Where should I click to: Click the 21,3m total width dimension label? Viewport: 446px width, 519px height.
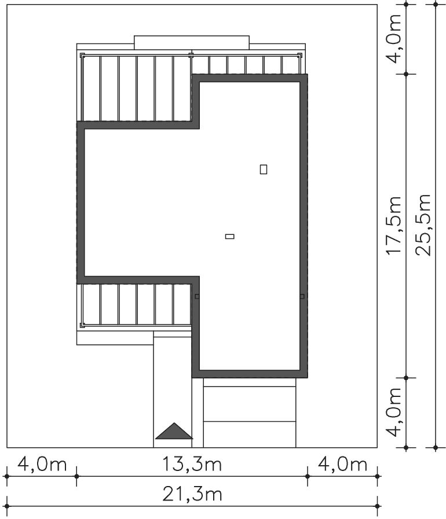pos(192,495)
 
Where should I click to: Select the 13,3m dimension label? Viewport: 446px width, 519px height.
pos(192,464)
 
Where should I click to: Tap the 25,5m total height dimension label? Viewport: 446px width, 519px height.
pos(423,224)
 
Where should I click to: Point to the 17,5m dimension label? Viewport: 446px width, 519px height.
pos(394,226)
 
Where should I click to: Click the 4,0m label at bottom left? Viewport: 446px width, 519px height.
pos(42,464)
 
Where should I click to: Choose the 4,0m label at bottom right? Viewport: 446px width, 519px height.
pos(343,464)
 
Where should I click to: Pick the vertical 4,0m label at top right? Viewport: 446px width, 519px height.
pos(394,38)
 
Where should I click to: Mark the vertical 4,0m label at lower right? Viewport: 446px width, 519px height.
pos(394,413)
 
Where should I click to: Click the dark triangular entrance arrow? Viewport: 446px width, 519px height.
pos(174,431)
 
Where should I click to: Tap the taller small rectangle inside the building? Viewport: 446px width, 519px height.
pos(264,169)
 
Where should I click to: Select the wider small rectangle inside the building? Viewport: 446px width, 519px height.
pos(229,236)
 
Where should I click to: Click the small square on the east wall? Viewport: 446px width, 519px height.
pos(302,297)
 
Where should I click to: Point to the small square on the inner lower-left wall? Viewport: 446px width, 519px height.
pos(197,297)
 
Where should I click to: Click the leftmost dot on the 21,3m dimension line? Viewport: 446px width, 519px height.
pos(7,506)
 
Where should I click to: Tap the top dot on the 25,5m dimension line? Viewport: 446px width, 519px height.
pos(436,4)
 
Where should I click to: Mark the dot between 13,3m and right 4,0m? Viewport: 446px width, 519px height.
pos(308,476)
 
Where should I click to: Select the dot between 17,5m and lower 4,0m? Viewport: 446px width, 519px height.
pos(406,378)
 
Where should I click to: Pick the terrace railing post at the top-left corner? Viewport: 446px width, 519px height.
pos(82,56)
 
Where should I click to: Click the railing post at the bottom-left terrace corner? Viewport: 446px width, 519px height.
pos(82,325)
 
